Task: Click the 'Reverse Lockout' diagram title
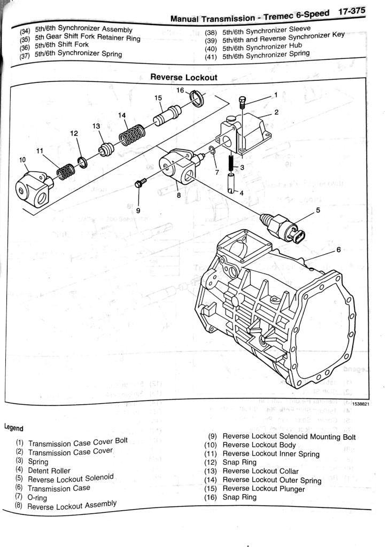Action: coord(184,77)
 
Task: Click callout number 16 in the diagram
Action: coord(180,90)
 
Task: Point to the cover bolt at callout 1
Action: coord(243,101)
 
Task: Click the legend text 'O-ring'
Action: coord(37,497)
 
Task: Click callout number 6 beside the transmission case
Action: coord(338,250)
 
